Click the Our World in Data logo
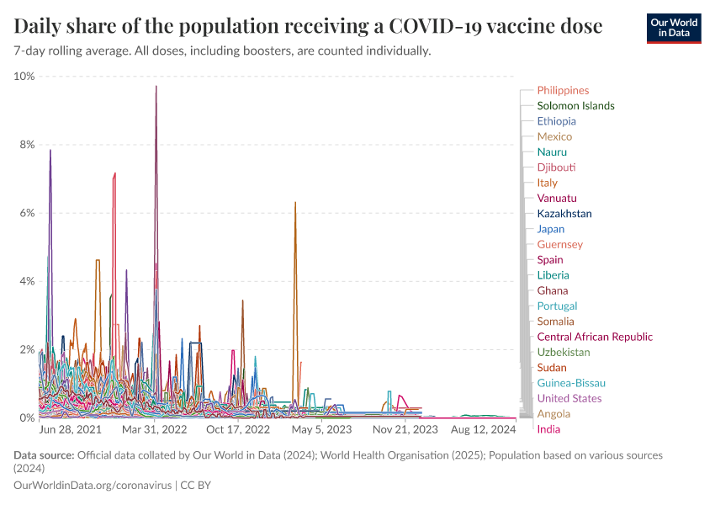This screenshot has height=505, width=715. tap(673, 27)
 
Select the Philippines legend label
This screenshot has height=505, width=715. tap(563, 90)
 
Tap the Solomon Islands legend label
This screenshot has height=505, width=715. tap(575, 106)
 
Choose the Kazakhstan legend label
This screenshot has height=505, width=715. tap(564, 214)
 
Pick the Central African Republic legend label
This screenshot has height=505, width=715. tap(594, 337)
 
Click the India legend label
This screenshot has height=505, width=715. tap(548, 429)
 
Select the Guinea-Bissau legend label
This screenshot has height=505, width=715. tap(571, 383)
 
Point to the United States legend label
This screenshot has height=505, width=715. tap(569, 398)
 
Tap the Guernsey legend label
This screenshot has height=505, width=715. tap(559, 244)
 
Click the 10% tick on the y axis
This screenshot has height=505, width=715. tap(24, 77)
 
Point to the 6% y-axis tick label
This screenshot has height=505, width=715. tap(27, 213)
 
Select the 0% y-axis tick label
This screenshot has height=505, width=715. tap(27, 417)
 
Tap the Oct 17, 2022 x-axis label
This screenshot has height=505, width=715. tap(238, 429)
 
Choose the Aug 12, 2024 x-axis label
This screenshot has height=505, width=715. tap(484, 429)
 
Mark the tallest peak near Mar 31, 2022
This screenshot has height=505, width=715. tap(156, 87)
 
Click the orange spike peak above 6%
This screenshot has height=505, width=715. tap(295, 203)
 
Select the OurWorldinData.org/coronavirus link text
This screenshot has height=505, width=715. tap(92, 486)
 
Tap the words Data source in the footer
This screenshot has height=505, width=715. tap(43, 455)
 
